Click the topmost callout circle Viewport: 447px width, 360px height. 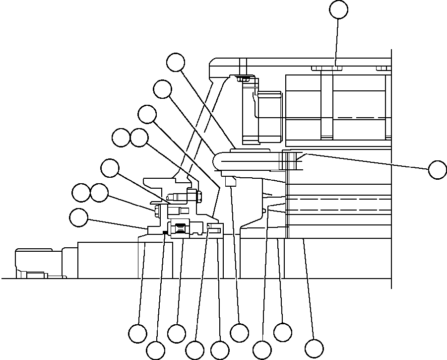(x=339, y=9)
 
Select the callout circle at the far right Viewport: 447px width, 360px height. (x=437, y=169)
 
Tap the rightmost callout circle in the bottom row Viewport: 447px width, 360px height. (x=314, y=347)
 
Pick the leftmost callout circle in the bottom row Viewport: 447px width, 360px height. (x=137, y=333)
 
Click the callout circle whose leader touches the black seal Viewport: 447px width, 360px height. (x=156, y=351)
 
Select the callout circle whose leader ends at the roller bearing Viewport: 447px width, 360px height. (x=177, y=333)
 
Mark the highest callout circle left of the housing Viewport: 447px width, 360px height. (x=175, y=63)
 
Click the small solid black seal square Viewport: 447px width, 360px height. (x=164, y=232)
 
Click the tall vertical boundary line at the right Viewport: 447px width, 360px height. (x=391, y=169)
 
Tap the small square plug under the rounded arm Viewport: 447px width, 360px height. (x=229, y=182)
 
